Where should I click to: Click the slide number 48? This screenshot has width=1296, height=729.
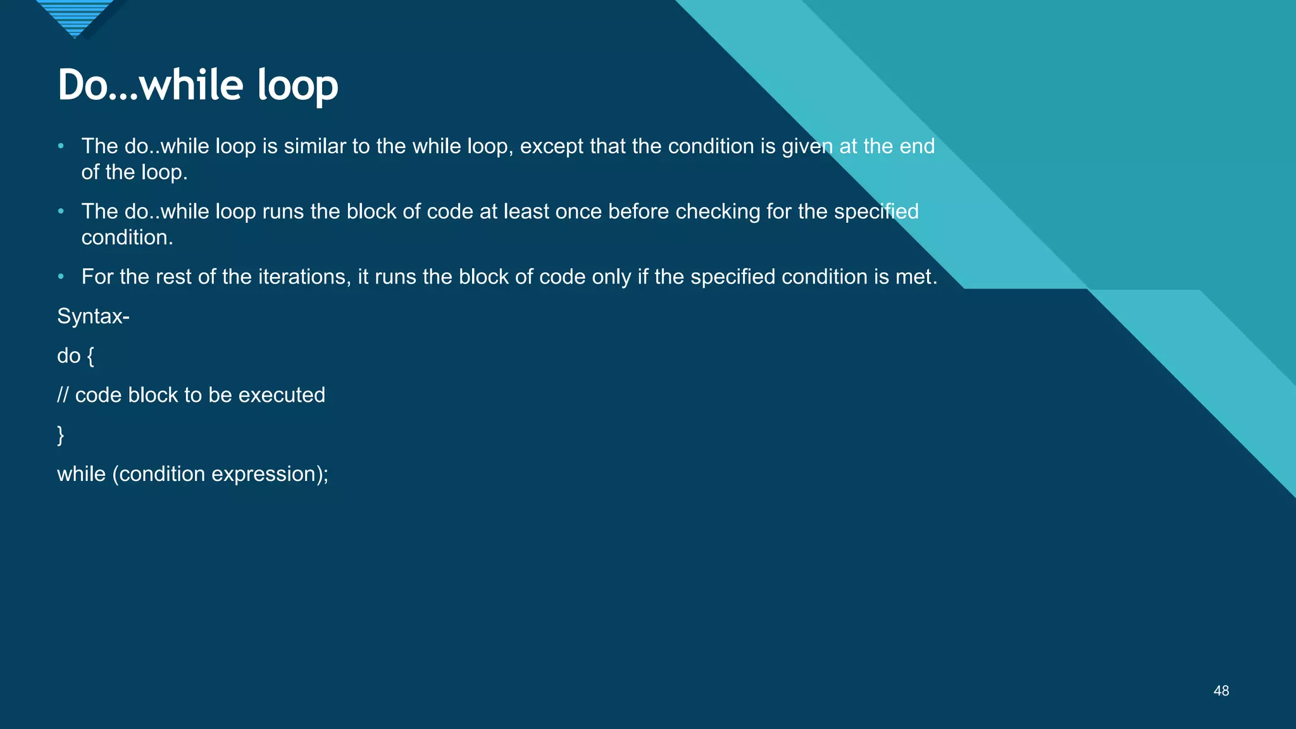pyautogui.click(x=1221, y=691)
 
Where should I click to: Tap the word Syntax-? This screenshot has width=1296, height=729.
pyautogui.click(x=93, y=316)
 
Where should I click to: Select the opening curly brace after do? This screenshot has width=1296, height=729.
pyautogui.click(x=90, y=356)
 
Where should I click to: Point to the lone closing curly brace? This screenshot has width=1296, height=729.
pyautogui.click(x=61, y=435)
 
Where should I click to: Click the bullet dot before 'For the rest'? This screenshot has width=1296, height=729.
pyautogui.click(x=61, y=277)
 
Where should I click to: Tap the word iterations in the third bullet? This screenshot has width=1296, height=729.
pyautogui.click(x=304, y=277)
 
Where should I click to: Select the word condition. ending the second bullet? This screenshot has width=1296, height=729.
pyautogui.click(x=127, y=237)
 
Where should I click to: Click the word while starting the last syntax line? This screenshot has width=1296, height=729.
pyautogui.click(x=81, y=474)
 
